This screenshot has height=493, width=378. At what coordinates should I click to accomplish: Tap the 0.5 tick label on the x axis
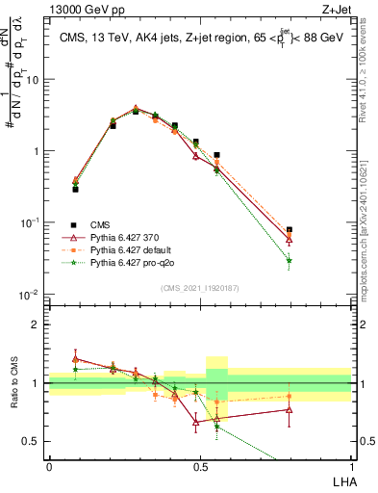[200, 466]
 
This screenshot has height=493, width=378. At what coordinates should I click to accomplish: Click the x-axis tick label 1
[351, 466]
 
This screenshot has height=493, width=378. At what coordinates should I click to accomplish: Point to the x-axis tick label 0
[49, 466]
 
